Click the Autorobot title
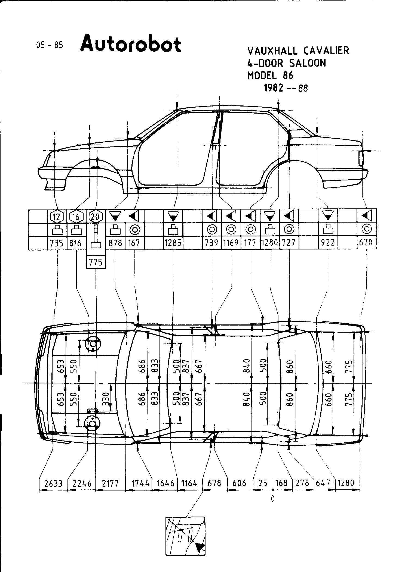[x=131, y=44]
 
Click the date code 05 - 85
[x=50, y=45]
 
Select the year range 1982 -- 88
[x=286, y=88]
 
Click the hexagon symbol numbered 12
[x=57, y=217]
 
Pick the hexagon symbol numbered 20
[x=96, y=217]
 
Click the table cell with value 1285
[x=173, y=243]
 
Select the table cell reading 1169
[x=231, y=243]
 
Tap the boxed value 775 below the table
[x=96, y=262]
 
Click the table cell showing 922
[x=328, y=243]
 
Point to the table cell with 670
[x=366, y=243]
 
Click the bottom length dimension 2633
[x=53, y=483]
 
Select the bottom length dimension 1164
[x=189, y=483]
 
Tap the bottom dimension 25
[x=263, y=483]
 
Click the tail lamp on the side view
[x=361, y=158]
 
